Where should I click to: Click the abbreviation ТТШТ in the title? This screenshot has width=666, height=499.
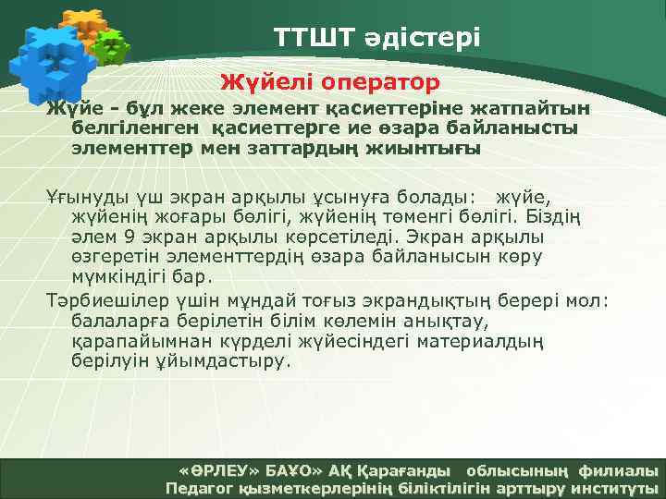tap(311, 38)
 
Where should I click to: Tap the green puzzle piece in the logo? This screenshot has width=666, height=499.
tap(112, 47)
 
